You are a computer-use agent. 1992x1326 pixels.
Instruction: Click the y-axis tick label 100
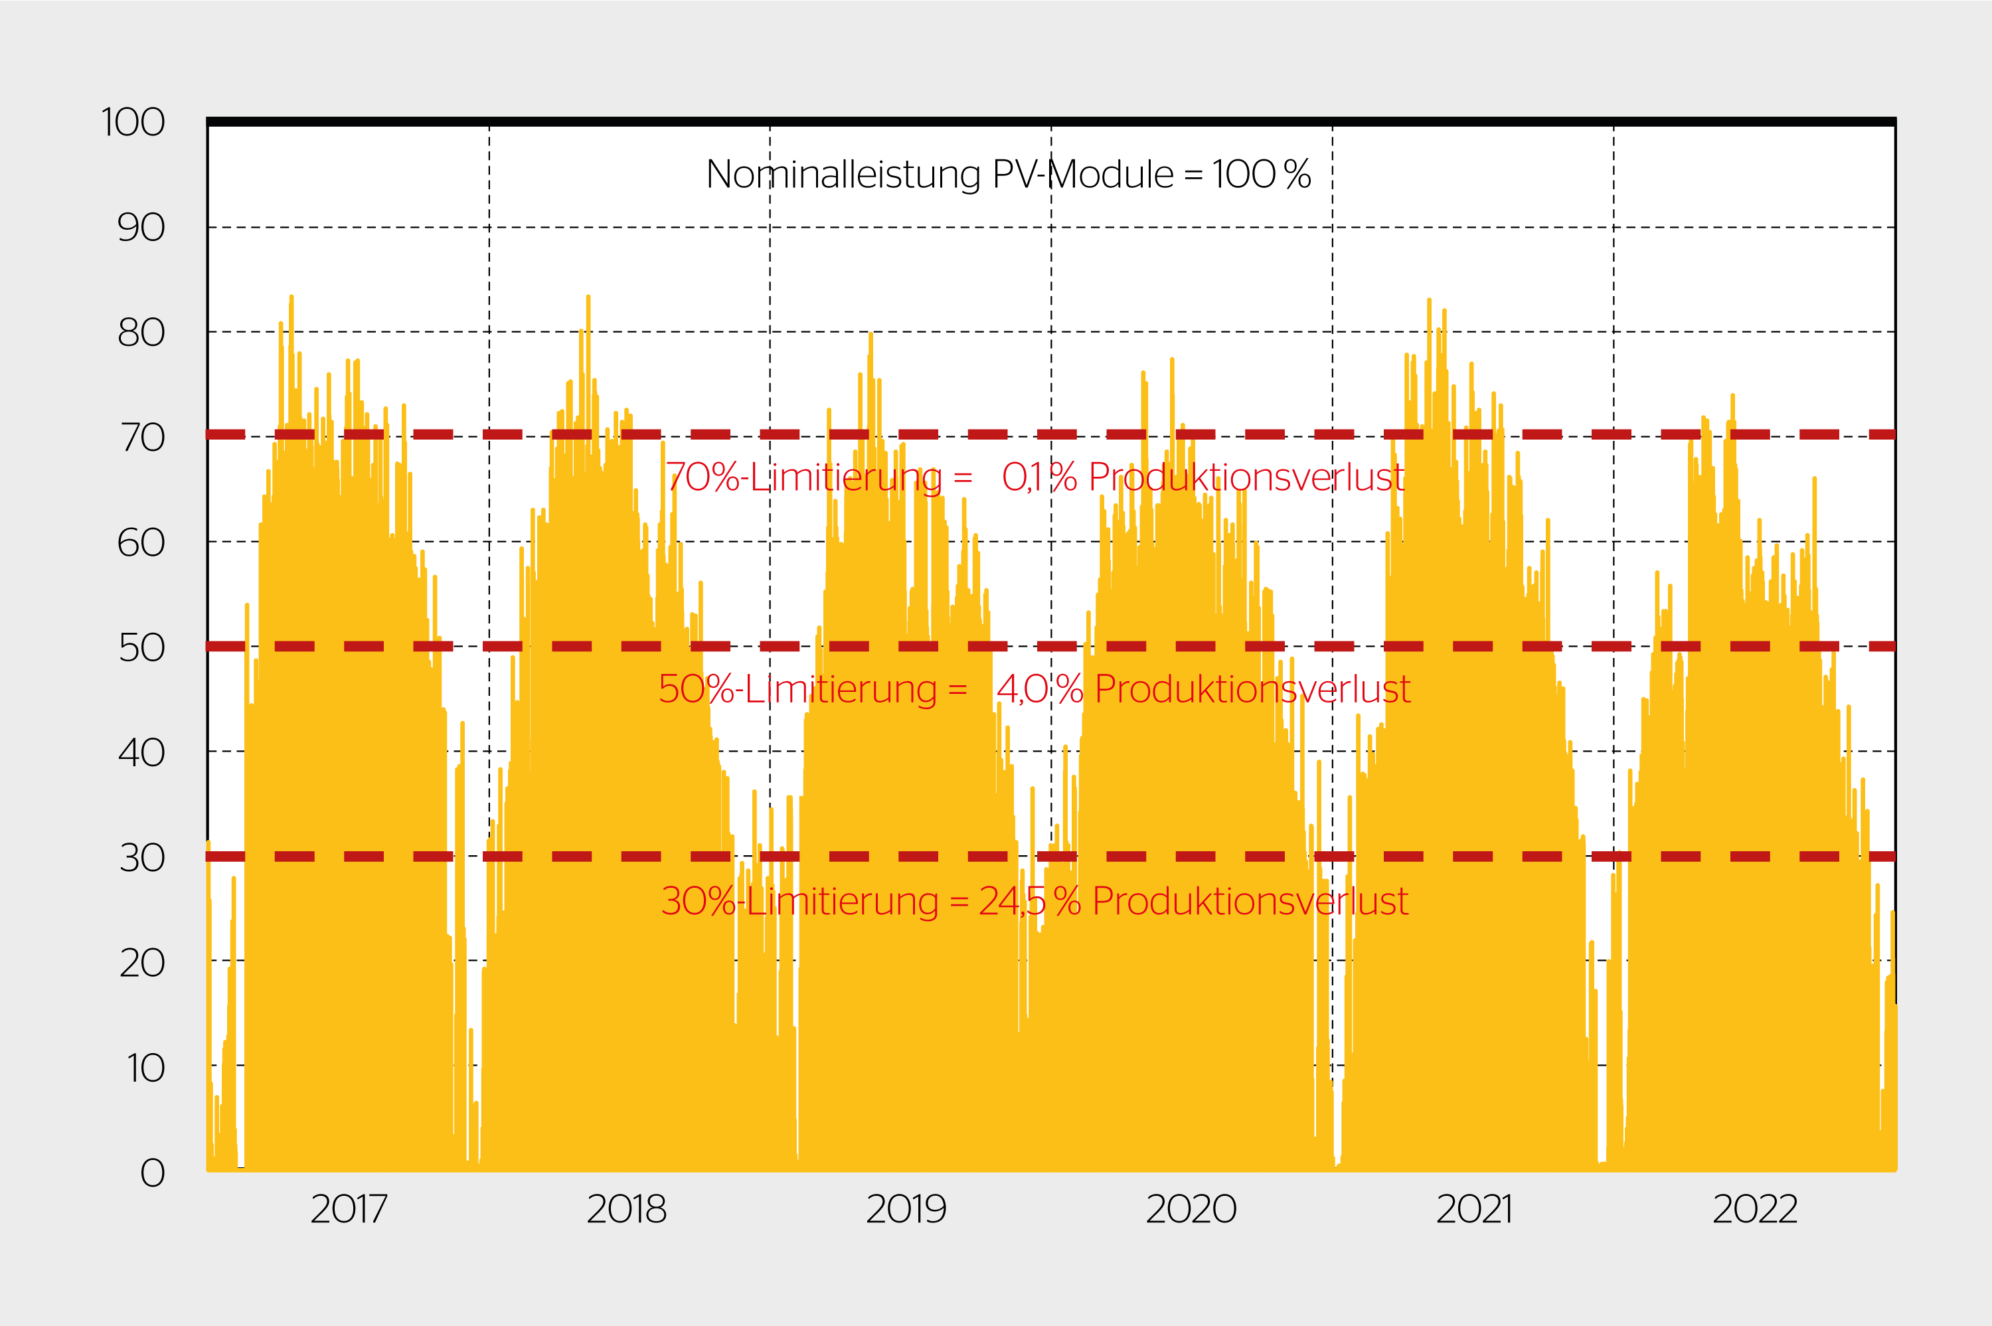click(133, 123)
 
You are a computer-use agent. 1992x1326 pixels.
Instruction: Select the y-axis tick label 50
click(141, 648)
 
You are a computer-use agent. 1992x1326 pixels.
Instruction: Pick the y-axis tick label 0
click(152, 1173)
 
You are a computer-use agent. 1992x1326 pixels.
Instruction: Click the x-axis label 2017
click(349, 1209)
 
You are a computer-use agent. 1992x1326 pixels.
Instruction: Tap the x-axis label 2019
click(906, 1209)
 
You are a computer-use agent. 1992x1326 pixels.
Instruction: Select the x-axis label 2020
click(1191, 1209)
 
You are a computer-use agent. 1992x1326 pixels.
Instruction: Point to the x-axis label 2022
click(1754, 1209)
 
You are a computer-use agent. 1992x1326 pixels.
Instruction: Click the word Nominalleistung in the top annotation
click(843, 175)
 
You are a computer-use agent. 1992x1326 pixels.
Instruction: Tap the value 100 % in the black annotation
click(1261, 175)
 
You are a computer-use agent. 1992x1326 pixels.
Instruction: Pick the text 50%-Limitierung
click(797, 689)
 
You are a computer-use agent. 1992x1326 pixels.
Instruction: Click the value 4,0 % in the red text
click(1039, 689)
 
